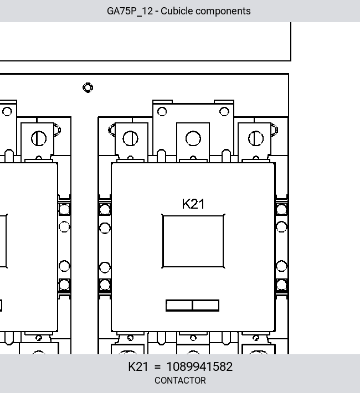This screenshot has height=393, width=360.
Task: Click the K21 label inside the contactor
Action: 193,204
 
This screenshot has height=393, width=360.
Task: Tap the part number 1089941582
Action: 199,366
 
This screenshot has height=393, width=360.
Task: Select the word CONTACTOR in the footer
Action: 180,380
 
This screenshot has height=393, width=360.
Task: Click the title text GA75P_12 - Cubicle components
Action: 179,11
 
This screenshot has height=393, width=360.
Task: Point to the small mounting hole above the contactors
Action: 88,87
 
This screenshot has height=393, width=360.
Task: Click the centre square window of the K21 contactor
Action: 193,241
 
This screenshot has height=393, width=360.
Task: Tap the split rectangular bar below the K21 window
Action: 192,306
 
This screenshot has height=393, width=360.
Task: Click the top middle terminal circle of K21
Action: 193,138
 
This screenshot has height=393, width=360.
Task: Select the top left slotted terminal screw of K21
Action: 131,138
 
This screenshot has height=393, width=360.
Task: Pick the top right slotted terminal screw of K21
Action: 256,138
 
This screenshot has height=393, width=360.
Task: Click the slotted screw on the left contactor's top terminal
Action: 39,138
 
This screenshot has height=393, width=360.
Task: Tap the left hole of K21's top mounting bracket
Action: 162,111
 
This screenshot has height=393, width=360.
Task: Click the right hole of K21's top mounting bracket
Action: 224,111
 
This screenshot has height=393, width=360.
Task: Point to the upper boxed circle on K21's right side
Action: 281,209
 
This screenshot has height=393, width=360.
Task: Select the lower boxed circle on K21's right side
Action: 281,285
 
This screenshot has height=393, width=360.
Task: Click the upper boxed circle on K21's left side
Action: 105,209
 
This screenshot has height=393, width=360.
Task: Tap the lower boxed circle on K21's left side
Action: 105,285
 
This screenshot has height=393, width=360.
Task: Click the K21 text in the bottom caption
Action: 138,366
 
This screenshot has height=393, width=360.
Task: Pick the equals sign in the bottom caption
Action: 157,367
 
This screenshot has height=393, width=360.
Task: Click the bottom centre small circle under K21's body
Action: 193,338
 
